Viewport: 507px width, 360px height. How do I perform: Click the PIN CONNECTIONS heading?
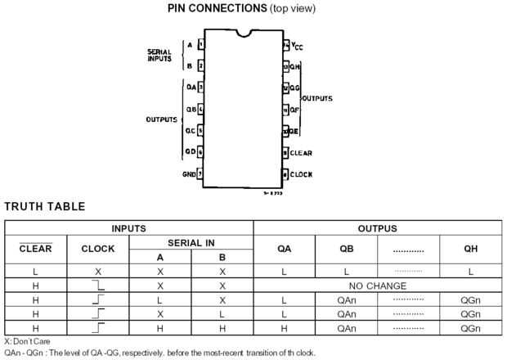[x=253, y=9]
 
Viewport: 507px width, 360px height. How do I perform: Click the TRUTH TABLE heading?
[x=45, y=206]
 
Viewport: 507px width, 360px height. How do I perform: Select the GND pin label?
[x=189, y=173]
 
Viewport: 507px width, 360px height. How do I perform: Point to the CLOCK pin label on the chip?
[x=301, y=174]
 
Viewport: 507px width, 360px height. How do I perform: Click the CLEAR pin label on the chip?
[x=301, y=153]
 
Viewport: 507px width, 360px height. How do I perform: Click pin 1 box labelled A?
[x=201, y=44]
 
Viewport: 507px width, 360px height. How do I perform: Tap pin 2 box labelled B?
[x=201, y=65]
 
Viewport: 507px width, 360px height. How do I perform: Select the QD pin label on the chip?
[x=190, y=151]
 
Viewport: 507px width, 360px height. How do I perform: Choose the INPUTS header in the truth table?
[x=129, y=227]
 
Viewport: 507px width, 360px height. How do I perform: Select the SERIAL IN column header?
[x=191, y=243]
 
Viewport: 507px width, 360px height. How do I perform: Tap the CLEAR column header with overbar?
[x=35, y=249]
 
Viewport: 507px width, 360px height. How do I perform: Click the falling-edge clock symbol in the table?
[x=98, y=286]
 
